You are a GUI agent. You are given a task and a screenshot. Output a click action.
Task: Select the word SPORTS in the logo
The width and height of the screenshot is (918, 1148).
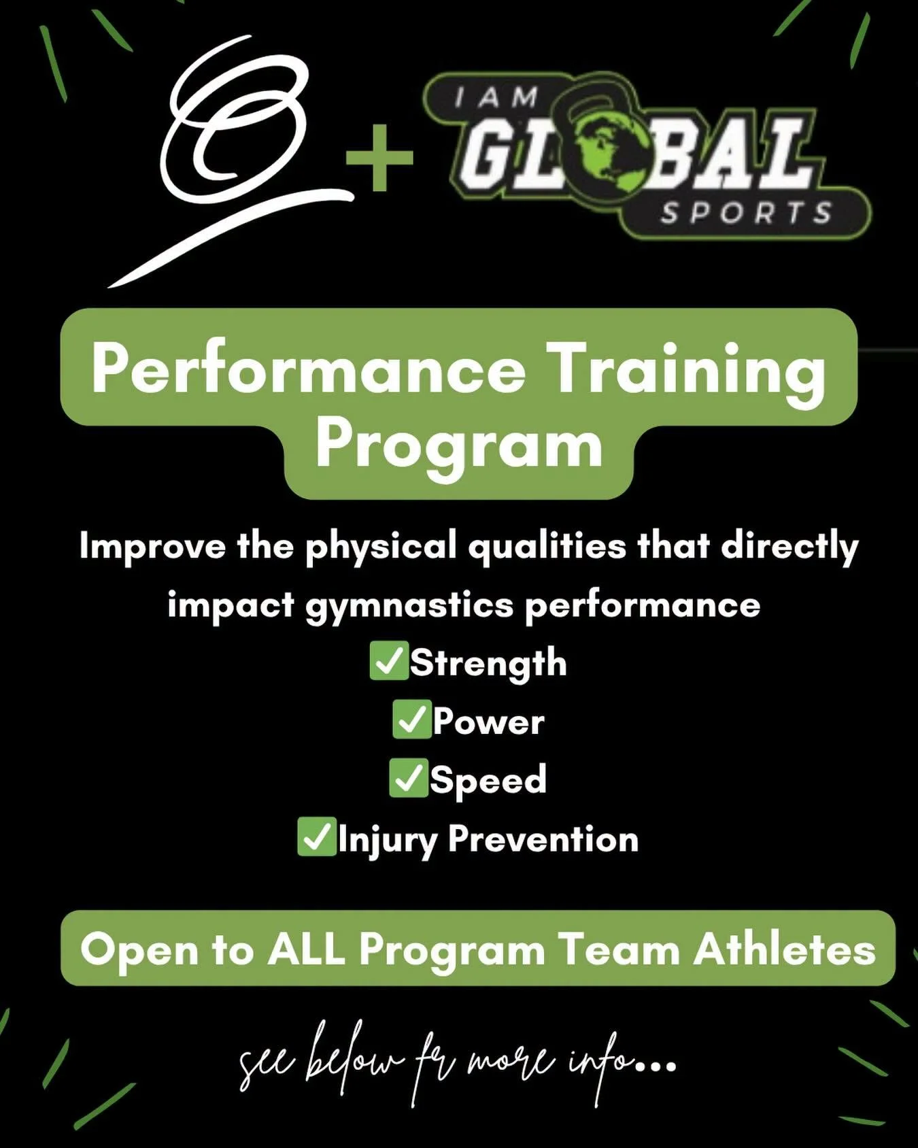point(746,213)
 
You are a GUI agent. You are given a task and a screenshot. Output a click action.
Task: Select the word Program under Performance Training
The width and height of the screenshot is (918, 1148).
point(459,445)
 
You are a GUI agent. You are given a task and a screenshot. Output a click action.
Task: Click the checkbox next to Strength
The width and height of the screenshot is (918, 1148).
point(389,660)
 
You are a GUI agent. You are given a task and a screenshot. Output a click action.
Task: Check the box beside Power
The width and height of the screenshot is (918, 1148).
point(411,720)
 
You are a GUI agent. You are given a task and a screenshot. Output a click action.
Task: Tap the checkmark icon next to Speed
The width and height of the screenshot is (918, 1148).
point(409,778)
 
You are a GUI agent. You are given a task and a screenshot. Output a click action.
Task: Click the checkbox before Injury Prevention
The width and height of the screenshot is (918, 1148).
point(317,837)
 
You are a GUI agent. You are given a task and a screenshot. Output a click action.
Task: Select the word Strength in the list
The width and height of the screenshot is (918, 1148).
point(488,663)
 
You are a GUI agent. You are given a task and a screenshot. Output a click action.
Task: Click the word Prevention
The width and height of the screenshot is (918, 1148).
point(543,839)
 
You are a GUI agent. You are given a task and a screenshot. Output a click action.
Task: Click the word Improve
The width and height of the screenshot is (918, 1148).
point(152,547)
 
